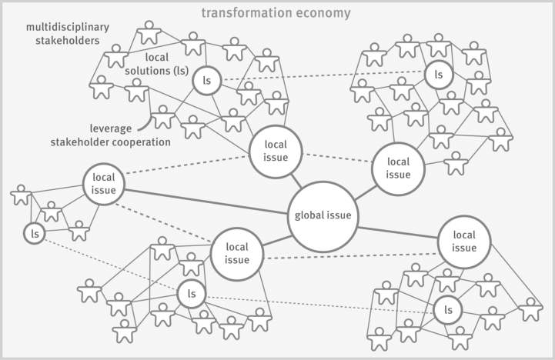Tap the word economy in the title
(326, 12)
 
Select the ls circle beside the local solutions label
(206, 80)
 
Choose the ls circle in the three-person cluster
(34, 232)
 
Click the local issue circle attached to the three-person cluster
(103, 184)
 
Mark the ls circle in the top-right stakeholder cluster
(439, 75)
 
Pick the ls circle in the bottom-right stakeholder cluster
(447, 310)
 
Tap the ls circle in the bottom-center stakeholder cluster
(192, 293)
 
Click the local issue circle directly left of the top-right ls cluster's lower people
(398, 168)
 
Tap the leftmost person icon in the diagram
(22, 195)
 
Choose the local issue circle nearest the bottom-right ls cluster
(464, 241)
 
